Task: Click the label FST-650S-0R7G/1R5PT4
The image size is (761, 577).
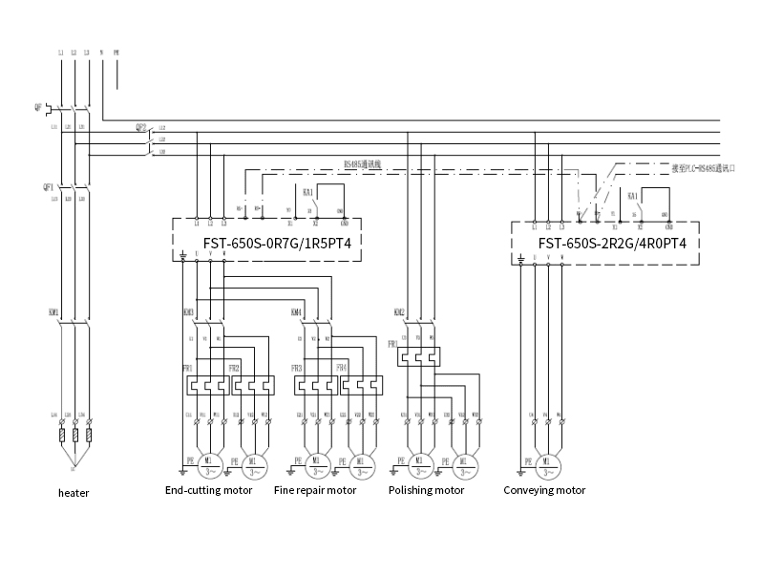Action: click(x=277, y=243)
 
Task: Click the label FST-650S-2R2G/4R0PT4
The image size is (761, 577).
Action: click(x=619, y=243)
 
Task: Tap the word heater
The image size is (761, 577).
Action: click(x=74, y=493)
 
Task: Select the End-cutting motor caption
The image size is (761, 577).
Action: click(x=208, y=490)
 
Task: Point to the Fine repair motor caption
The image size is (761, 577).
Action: click(x=315, y=490)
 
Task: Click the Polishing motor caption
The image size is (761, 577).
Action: click(x=426, y=490)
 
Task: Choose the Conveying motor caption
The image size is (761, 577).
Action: click(x=544, y=490)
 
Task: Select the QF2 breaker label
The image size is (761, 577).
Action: click(x=140, y=127)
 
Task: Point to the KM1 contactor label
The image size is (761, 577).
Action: click(x=53, y=311)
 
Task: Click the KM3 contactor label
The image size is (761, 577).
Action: click(x=188, y=312)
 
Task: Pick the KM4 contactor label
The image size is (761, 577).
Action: click(x=296, y=312)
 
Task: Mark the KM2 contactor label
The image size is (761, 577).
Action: click(x=399, y=312)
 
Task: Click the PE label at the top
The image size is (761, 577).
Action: click(x=116, y=50)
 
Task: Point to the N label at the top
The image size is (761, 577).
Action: click(x=101, y=50)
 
